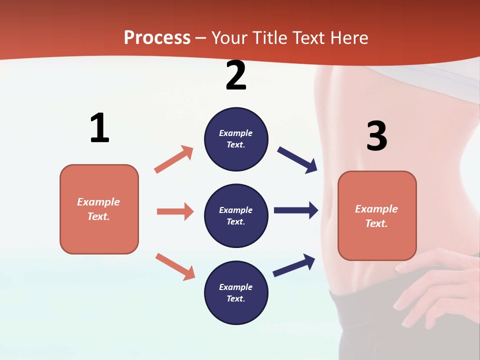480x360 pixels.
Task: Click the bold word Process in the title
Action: click(x=157, y=38)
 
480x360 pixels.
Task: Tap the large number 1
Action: click(x=99, y=128)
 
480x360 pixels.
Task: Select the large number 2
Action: click(x=236, y=75)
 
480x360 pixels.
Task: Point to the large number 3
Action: click(x=376, y=136)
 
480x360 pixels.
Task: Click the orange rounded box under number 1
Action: click(x=99, y=209)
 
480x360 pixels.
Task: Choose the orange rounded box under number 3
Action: click(x=377, y=215)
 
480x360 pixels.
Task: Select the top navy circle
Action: click(x=236, y=139)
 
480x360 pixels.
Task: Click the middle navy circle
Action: click(x=236, y=215)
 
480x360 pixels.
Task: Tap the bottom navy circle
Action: click(x=236, y=292)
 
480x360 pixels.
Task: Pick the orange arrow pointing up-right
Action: click(x=174, y=159)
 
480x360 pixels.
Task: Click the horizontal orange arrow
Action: click(x=175, y=211)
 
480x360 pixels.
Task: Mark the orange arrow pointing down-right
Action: click(x=175, y=266)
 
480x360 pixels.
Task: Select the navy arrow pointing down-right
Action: click(x=297, y=159)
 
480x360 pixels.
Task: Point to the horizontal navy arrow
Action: click(x=296, y=210)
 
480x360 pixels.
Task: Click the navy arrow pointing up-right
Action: click(x=294, y=265)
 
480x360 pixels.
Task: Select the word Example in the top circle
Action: click(x=236, y=133)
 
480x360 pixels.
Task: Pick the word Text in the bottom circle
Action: click(x=235, y=298)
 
